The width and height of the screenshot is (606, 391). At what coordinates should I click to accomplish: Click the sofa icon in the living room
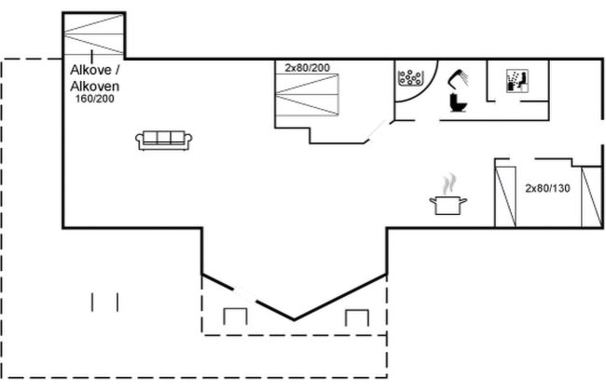pyautogui.click(x=164, y=141)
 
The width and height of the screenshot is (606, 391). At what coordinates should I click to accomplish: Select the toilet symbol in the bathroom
pyautogui.click(x=459, y=103)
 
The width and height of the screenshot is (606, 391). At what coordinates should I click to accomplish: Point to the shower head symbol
pyautogui.click(x=459, y=79)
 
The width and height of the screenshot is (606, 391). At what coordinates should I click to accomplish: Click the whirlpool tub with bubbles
pyautogui.click(x=411, y=77)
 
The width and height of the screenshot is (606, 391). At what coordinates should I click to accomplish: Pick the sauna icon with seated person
pyautogui.click(x=517, y=81)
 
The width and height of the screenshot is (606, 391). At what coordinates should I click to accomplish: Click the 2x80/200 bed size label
pyautogui.click(x=308, y=68)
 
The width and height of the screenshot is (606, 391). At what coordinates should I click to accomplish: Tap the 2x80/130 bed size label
pyautogui.click(x=547, y=188)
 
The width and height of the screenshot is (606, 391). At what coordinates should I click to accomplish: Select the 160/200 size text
pyautogui.click(x=95, y=99)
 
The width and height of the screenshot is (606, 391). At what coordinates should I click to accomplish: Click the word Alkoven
pyautogui.click(x=95, y=86)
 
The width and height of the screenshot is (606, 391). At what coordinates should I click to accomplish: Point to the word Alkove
pyautogui.click(x=90, y=70)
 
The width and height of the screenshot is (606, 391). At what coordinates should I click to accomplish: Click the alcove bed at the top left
pyautogui.click(x=93, y=34)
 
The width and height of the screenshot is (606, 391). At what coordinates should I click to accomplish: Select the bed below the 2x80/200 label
pyautogui.click(x=307, y=95)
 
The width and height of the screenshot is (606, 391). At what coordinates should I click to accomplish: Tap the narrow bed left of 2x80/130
pyautogui.click(x=505, y=196)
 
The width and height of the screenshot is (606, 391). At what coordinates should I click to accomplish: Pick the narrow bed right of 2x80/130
pyautogui.click(x=592, y=196)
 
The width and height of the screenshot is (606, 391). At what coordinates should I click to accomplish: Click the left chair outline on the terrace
pyautogui.click(x=235, y=317)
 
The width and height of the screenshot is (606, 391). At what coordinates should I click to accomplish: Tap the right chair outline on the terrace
pyautogui.click(x=357, y=317)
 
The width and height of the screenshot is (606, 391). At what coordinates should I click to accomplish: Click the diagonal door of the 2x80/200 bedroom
pyautogui.click(x=377, y=131)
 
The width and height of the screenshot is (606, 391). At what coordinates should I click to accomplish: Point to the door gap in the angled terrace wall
pyautogui.click(x=244, y=295)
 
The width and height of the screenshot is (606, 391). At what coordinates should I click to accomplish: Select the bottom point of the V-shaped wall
pyautogui.click(x=294, y=319)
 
